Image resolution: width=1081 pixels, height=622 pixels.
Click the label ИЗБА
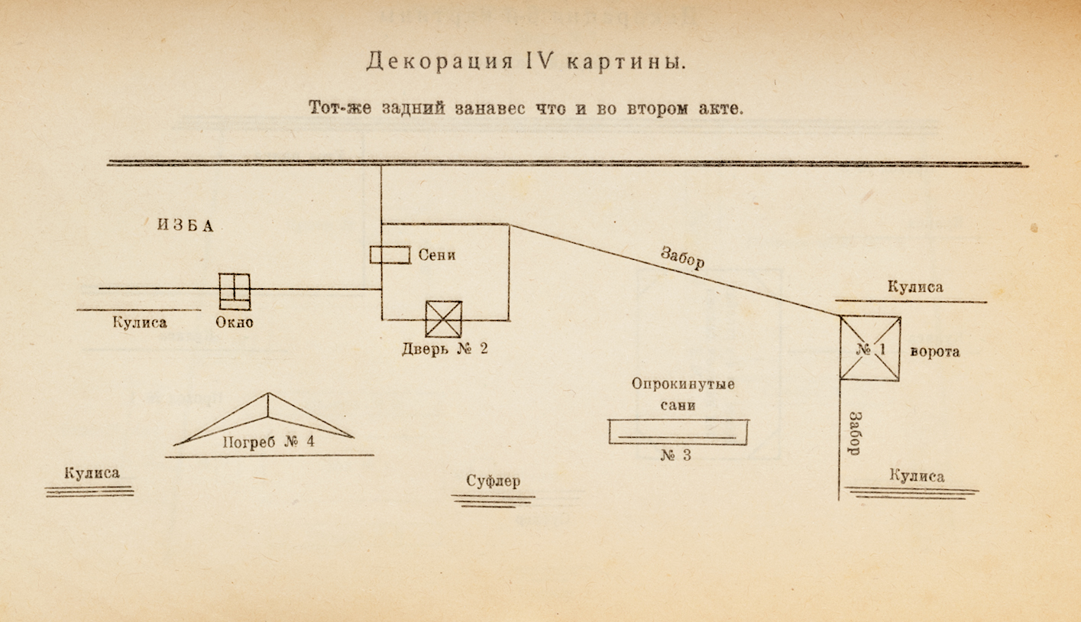(186, 225)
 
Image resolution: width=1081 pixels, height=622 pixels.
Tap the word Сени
(437, 254)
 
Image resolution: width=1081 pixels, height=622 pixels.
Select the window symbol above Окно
(235, 291)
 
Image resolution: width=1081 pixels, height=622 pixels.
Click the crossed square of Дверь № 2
(444, 319)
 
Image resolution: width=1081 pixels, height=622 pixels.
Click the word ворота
(935, 351)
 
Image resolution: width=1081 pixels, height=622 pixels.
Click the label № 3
(675, 455)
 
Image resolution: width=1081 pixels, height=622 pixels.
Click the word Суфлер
(494, 481)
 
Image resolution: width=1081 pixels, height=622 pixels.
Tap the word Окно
(234, 322)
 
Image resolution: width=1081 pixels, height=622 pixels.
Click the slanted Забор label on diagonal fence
(682, 258)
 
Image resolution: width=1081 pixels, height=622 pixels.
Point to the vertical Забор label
(855, 433)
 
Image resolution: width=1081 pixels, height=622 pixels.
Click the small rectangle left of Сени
(390, 254)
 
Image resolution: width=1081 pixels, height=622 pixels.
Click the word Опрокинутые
(683, 384)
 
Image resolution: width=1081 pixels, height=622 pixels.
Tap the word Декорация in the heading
(439, 62)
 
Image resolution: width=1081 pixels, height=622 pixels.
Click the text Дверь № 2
(445, 348)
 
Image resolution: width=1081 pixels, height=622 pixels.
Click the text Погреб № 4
(268, 442)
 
